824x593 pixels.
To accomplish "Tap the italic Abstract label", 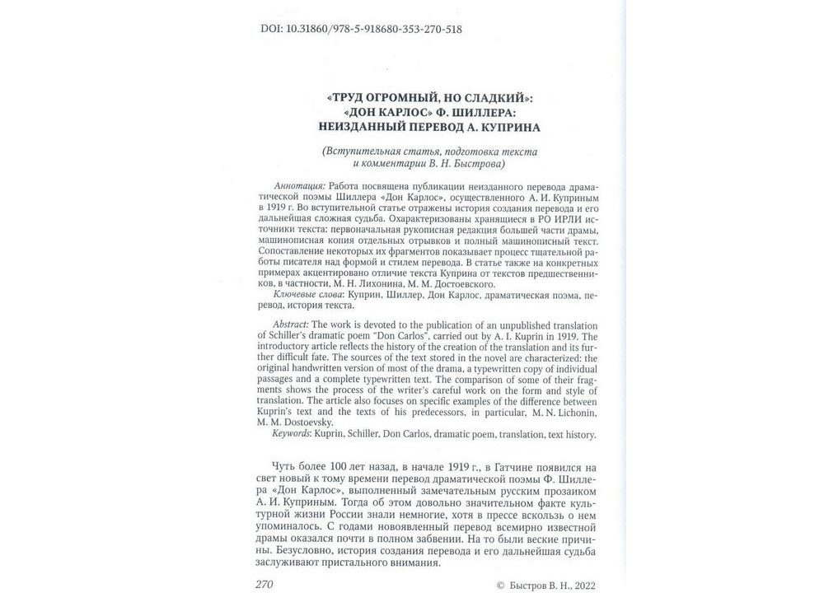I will [x=288, y=325].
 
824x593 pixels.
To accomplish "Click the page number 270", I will [x=264, y=584].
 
